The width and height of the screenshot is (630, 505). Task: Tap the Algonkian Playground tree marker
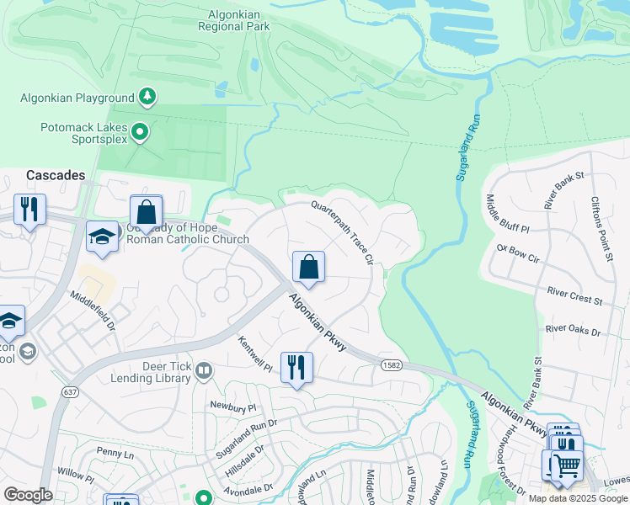tap(147, 97)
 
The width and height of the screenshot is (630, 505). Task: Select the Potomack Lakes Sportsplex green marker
tap(140, 131)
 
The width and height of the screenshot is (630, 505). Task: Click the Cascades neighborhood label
tap(56, 175)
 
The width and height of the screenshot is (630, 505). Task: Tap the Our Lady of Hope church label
tap(187, 234)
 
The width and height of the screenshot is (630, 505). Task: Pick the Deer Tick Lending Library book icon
tap(203, 371)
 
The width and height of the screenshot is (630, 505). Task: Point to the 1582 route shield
tap(390, 365)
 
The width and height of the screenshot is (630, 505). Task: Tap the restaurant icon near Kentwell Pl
tap(296, 367)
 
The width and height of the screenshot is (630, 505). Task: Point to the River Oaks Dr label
tap(573, 331)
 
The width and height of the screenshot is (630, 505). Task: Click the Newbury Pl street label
tap(232, 407)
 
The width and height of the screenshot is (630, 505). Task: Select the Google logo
tap(29, 495)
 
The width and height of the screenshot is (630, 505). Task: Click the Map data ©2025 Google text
tap(578, 498)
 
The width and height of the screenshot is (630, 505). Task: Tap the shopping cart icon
tap(567, 464)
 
